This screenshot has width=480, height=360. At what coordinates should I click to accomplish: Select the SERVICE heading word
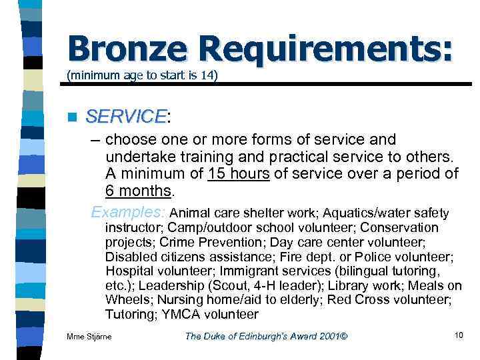pyautogui.click(x=126, y=117)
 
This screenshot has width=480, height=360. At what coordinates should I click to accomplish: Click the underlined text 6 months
pyautogui.click(x=138, y=192)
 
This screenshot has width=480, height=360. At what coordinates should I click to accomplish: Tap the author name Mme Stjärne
pyautogui.click(x=89, y=336)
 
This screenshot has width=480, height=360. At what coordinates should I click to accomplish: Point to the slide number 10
pyautogui.click(x=458, y=335)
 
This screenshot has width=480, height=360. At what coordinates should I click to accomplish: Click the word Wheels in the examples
pyautogui.click(x=127, y=300)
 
